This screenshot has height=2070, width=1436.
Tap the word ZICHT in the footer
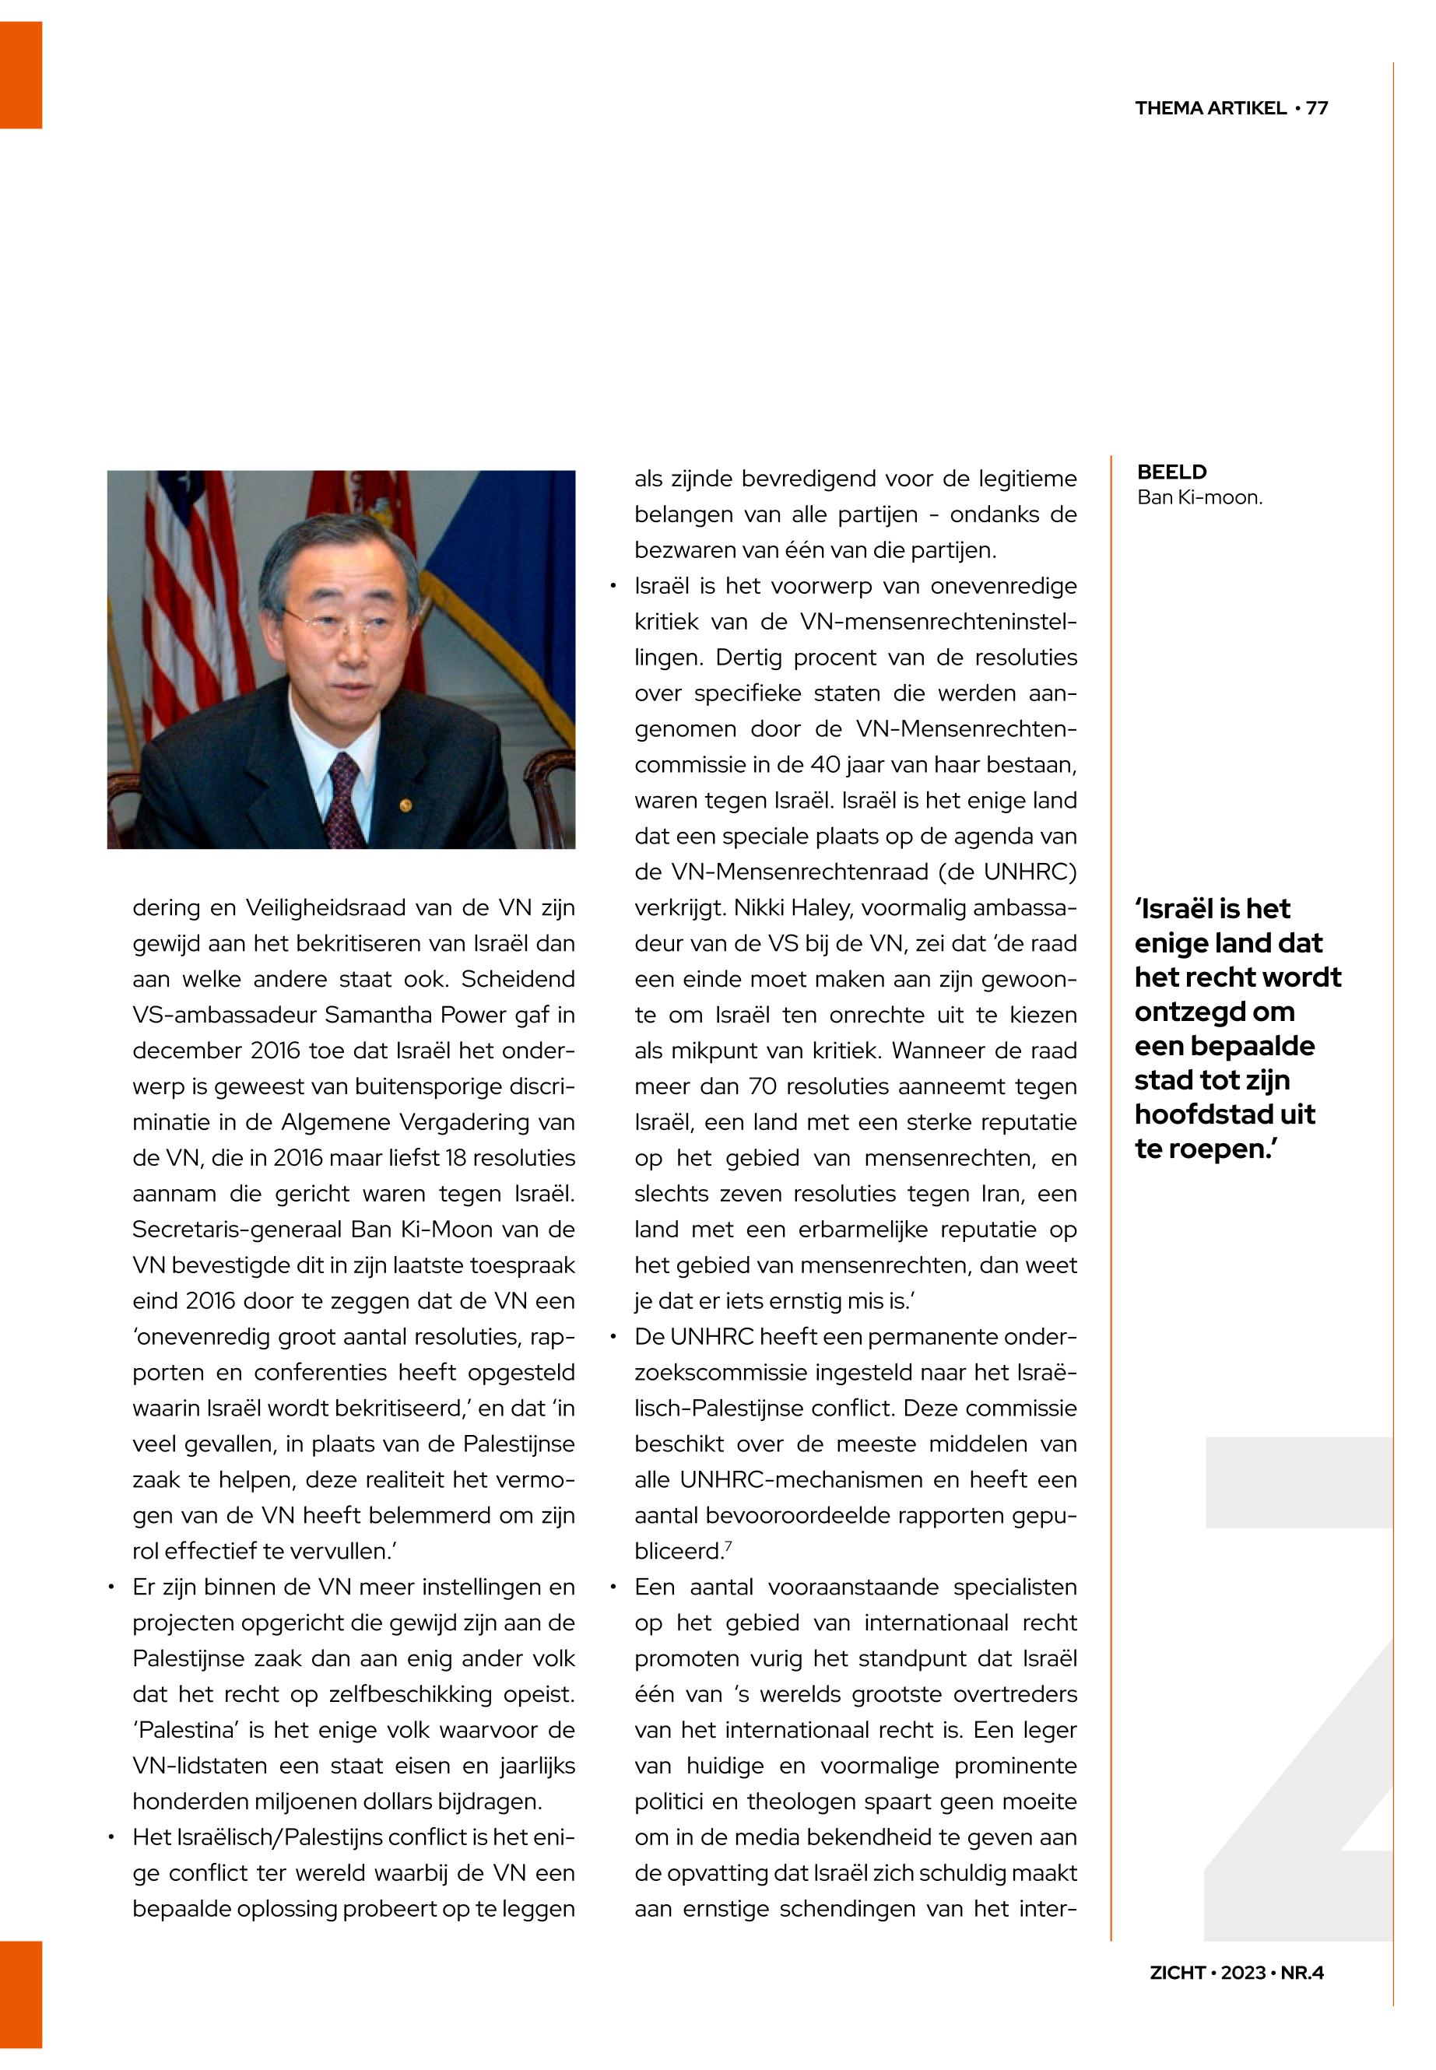tap(1177, 1972)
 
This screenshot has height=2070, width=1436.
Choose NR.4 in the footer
tap(1302, 1972)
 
